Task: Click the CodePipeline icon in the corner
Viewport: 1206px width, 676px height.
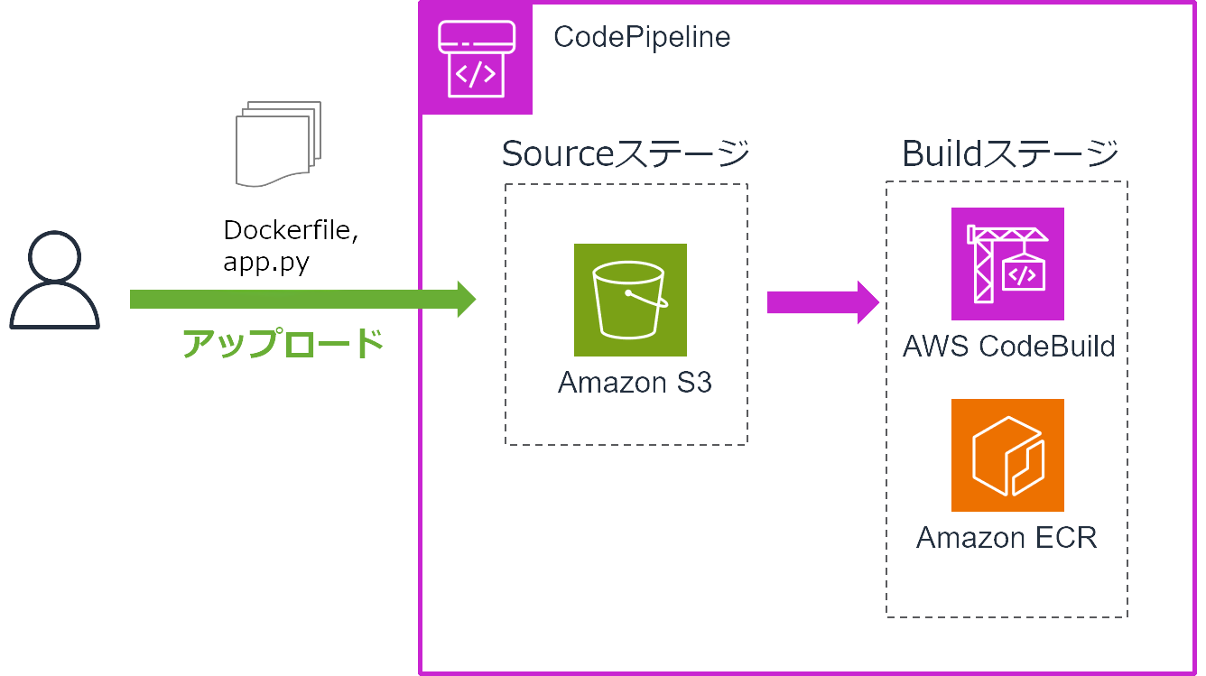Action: pyautogui.click(x=477, y=59)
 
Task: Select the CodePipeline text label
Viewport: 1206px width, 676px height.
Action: pyautogui.click(x=641, y=37)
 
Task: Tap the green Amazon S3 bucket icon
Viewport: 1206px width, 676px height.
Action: pyautogui.click(x=630, y=300)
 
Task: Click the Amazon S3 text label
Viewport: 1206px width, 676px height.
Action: pyautogui.click(x=635, y=383)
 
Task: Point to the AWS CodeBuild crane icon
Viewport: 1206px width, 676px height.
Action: pyautogui.click(x=1007, y=264)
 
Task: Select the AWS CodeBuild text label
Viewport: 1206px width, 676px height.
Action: pyautogui.click(x=1008, y=346)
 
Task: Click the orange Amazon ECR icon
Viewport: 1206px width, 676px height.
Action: pyautogui.click(x=1007, y=455)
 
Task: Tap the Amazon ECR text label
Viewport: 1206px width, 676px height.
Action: pyautogui.click(x=1007, y=538)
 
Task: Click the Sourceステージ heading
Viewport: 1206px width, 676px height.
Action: pyautogui.click(x=626, y=153)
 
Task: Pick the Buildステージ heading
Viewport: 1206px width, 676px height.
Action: pyautogui.click(x=1010, y=153)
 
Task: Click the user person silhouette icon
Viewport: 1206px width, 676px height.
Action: pyautogui.click(x=54, y=280)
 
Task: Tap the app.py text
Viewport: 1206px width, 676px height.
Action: pyautogui.click(x=265, y=262)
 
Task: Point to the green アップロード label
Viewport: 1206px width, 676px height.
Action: pyautogui.click(x=283, y=344)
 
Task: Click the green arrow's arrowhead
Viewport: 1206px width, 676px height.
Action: pyautogui.click(x=466, y=300)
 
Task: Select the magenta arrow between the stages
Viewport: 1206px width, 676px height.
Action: pyautogui.click(x=821, y=302)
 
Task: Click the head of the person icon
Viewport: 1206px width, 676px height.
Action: pyautogui.click(x=54, y=257)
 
